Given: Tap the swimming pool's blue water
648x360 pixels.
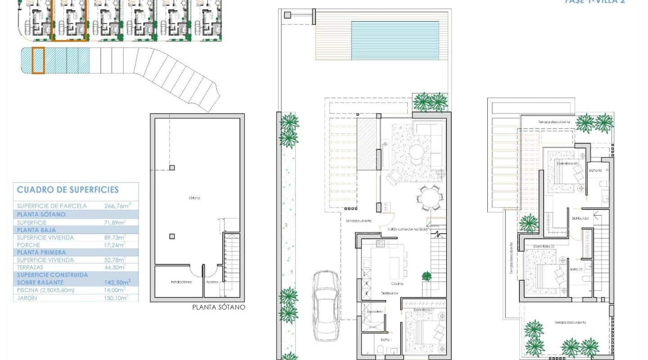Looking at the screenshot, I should (x=395, y=40).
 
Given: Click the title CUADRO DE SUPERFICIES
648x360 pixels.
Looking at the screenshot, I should (x=68, y=189).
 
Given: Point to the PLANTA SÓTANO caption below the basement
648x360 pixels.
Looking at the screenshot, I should (x=219, y=307).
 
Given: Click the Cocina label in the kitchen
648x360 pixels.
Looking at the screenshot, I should (x=396, y=283).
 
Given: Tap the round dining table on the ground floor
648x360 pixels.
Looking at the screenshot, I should (x=430, y=198).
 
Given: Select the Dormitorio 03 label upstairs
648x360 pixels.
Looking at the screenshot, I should (x=567, y=164).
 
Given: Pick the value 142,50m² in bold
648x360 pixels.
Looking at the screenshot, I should (x=117, y=282).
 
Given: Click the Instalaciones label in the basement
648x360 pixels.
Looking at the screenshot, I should (x=181, y=282).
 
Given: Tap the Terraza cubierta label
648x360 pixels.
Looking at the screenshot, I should (x=358, y=221).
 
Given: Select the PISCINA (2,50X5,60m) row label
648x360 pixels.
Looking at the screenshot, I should (x=45, y=290).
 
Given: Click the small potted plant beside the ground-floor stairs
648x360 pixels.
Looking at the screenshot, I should (x=426, y=276).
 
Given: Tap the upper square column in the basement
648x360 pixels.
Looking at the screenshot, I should (x=172, y=168).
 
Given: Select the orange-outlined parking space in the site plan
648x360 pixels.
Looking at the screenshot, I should (x=38, y=60).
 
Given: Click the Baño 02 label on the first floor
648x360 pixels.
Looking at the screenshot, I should (x=576, y=269).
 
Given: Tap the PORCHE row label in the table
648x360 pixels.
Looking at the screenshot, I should (x=28, y=245).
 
